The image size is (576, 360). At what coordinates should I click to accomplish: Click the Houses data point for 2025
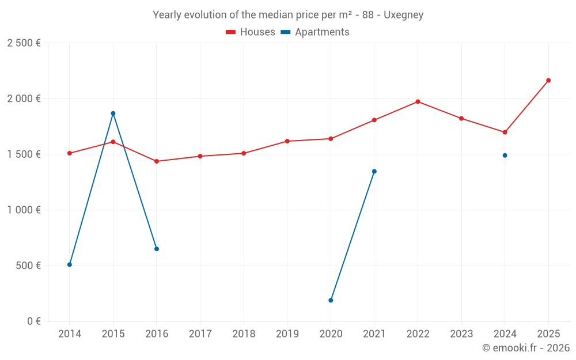coord(548,80)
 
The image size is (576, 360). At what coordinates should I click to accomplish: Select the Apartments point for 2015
coord(113,113)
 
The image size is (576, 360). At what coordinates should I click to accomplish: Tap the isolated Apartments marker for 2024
coord(505,156)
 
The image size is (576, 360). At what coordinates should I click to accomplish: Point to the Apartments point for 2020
coord(331,300)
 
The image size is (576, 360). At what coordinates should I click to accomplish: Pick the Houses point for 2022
coord(418,101)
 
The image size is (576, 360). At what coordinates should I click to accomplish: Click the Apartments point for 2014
coord(70,264)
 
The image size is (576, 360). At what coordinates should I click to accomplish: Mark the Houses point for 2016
coord(157,161)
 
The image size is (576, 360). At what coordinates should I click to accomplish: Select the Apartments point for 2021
coord(374,171)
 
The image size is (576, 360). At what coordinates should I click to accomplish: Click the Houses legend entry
coord(251,32)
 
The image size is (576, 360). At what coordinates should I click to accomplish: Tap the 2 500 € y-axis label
coord(24,43)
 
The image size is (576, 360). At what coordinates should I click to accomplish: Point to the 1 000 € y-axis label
coord(24,210)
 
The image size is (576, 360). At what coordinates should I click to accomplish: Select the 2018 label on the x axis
coord(244,334)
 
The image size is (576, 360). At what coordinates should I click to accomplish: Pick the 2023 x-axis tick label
coord(461,334)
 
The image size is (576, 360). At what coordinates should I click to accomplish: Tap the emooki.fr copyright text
coord(526,348)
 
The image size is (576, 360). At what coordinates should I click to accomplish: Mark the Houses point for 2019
coord(287,141)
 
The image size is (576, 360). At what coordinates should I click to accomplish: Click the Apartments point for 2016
coord(157,249)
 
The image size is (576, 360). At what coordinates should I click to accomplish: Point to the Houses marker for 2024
coord(505,132)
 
